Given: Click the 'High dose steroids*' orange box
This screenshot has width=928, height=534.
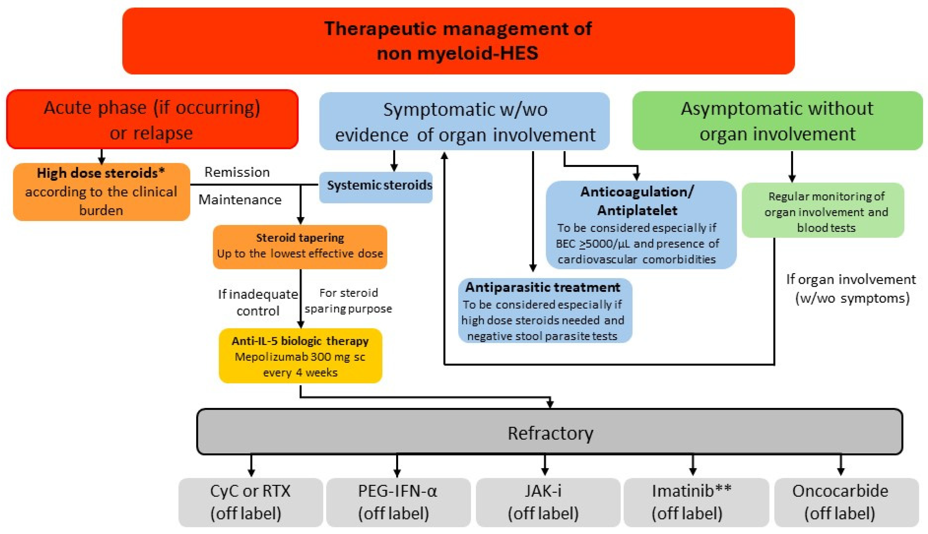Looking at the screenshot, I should coord(101,191).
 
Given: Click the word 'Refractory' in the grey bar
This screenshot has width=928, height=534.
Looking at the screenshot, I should coord(550,433).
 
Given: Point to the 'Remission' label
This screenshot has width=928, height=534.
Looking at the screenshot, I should coord(237,172).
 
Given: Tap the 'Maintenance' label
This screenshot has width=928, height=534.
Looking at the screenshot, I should coord(240,199).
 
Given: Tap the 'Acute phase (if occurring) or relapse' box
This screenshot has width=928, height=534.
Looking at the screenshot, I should coord(152,120).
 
